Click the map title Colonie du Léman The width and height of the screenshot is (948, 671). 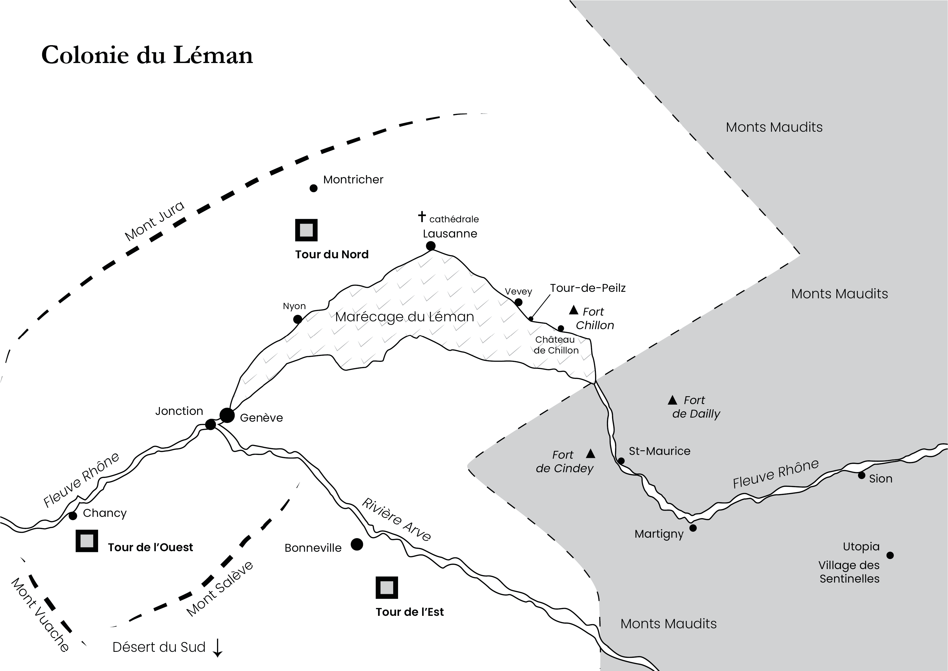[147, 55]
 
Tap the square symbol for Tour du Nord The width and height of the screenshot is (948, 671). [306, 230]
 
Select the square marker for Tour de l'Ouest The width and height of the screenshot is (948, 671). [87, 541]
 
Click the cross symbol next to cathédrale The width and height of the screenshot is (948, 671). [422, 216]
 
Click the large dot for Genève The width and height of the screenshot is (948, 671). [227, 415]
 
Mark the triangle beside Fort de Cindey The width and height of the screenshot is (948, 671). [591, 454]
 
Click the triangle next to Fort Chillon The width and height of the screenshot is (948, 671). [573, 310]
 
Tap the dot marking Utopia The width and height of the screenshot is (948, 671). [890, 555]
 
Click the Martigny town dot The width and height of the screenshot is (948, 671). [693, 528]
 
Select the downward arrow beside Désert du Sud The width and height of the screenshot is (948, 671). [218, 647]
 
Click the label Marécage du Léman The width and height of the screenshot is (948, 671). [405, 317]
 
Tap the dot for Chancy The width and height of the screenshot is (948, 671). [73, 516]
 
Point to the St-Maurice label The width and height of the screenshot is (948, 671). [659, 451]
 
